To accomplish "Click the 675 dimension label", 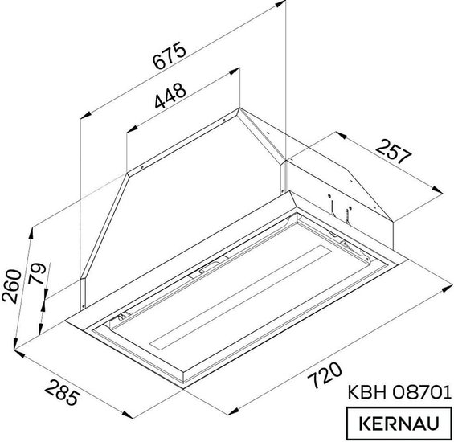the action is [x=169, y=56].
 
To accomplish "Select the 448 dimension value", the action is [x=170, y=96].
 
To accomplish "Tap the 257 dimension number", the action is [x=394, y=151].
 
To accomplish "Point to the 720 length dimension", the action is [x=325, y=375].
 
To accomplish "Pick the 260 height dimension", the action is [x=11, y=286].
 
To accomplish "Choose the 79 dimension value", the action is [x=37, y=273].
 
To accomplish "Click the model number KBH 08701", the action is [x=399, y=392].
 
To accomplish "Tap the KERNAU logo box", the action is [x=399, y=424].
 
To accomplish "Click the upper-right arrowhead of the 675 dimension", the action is [x=280, y=4].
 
